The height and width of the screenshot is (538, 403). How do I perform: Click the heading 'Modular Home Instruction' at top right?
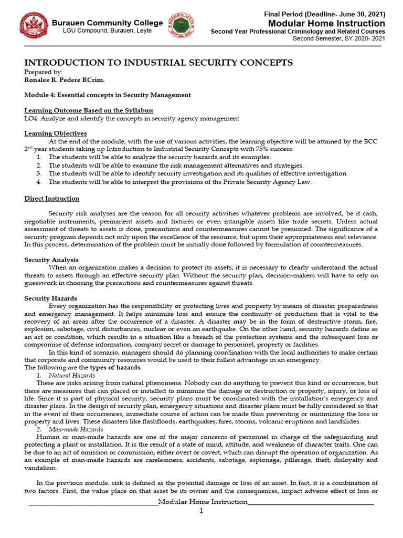[x=326, y=24]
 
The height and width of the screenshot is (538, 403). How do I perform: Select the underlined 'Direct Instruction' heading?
[x=52, y=199]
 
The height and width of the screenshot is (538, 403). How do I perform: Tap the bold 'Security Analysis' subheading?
[x=51, y=260]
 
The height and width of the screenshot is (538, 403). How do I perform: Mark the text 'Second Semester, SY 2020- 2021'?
[x=338, y=38]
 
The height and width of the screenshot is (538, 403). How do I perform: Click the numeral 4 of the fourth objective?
[x=39, y=182]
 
